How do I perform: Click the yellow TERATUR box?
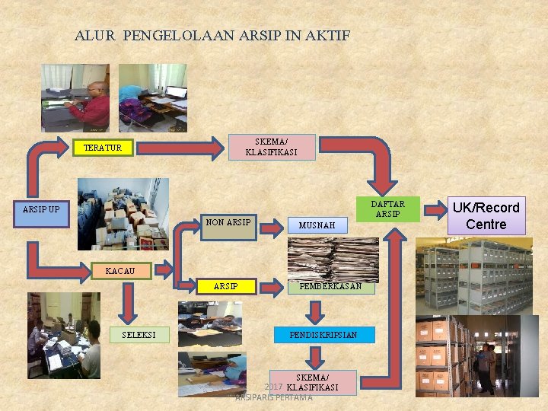click(x=102, y=148)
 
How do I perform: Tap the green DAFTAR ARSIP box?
click(x=388, y=209)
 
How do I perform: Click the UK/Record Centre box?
click(x=486, y=216)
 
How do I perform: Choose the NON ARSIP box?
click(x=228, y=223)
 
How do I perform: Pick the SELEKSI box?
click(x=139, y=334)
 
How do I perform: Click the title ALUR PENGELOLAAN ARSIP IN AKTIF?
click(x=212, y=35)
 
